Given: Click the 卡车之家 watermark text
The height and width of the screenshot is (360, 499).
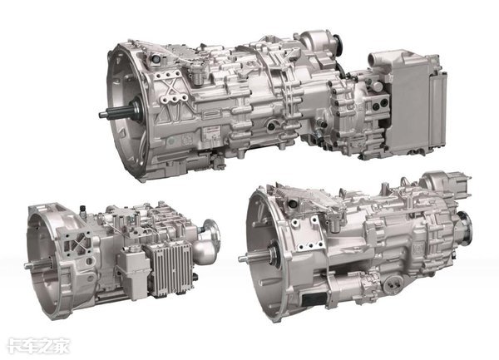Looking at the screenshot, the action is [38, 346].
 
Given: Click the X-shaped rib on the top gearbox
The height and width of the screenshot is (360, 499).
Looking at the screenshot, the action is [170, 86].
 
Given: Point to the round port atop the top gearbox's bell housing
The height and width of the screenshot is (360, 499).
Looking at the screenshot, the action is [156, 59].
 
